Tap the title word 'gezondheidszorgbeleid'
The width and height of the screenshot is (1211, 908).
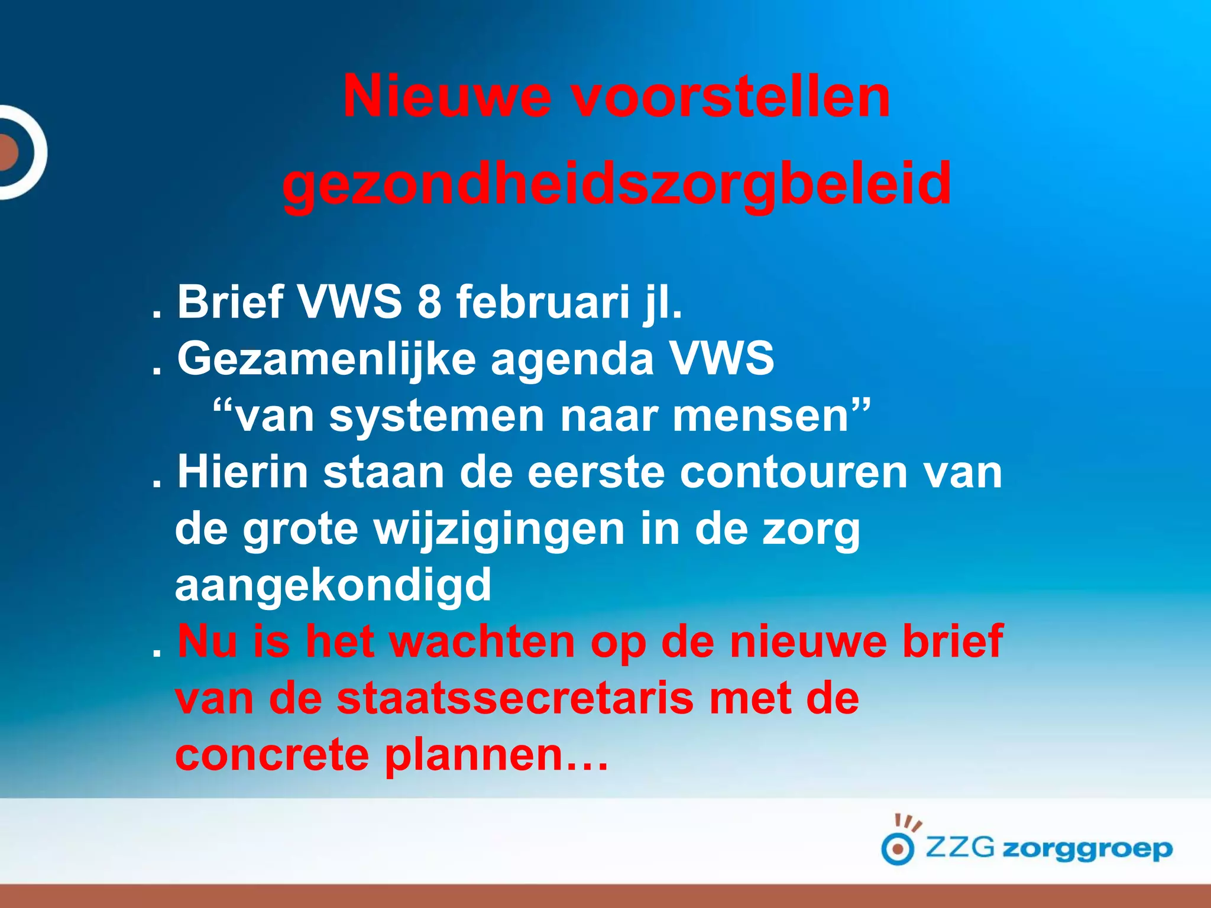click(x=617, y=183)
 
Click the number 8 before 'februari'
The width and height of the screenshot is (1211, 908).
click(x=429, y=301)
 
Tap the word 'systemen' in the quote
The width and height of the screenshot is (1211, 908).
click(x=436, y=416)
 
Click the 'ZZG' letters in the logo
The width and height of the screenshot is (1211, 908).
click(x=959, y=848)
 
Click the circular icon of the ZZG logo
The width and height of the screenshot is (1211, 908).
click(x=898, y=849)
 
